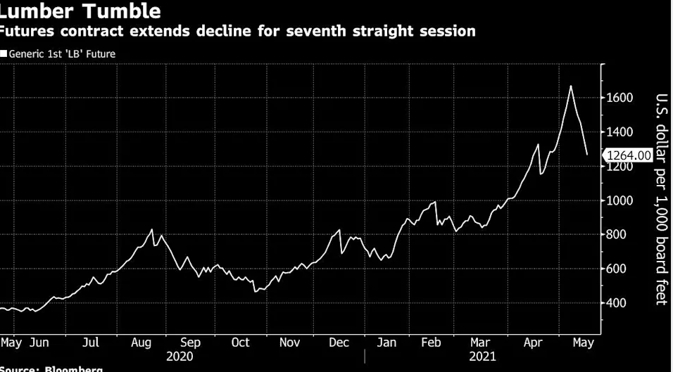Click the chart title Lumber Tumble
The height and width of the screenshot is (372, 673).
[80, 11]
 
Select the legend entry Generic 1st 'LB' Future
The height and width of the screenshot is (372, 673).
[61, 53]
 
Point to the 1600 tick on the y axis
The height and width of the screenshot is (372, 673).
[619, 98]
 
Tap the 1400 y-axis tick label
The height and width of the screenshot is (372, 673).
[619, 132]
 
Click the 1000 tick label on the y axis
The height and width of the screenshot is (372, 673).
[619, 200]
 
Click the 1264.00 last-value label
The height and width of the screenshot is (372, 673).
[628, 155]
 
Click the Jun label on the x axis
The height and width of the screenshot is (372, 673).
[39, 342]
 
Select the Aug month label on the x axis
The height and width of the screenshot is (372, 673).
[141, 342]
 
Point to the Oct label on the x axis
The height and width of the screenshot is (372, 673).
[240, 342]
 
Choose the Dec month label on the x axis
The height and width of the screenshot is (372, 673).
[340, 342]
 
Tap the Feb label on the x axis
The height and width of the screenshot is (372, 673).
[430, 342]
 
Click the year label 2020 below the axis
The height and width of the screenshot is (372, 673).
[180, 357]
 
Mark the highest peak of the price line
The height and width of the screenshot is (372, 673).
[570, 86]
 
